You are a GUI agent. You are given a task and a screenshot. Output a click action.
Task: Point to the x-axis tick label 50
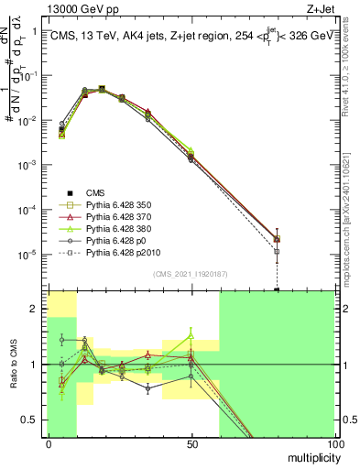tap(191, 444)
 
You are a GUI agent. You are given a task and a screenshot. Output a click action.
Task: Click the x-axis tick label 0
tap(49, 444)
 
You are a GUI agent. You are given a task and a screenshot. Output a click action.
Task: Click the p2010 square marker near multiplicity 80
tap(277, 250)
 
